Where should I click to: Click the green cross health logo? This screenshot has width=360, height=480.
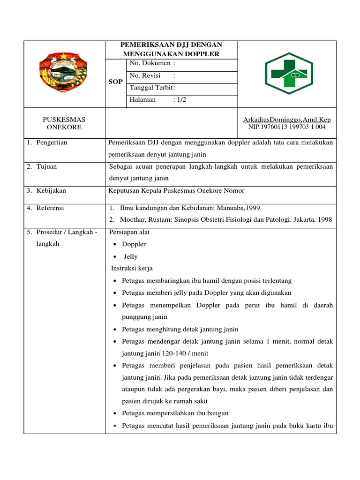(x=286, y=74)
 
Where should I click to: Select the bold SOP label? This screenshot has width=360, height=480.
(x=116, y=82)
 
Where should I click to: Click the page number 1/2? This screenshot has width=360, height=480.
(x=180, y=100)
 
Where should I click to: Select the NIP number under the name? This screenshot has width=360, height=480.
(x=287, y=127)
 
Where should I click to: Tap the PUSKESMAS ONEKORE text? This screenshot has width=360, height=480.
(x=64, y=123)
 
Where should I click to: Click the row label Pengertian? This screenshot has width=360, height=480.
(x=52, y=142)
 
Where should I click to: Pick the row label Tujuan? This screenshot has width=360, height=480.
(x=47, y=166)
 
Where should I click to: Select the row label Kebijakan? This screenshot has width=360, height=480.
(x=51, y=190)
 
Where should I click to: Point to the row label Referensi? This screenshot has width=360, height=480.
(x=50, y=208)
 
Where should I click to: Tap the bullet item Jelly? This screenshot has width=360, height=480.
(x=131, y=256)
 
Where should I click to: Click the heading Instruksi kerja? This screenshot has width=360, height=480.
(x=132, y=269)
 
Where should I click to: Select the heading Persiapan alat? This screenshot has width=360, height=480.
(x=129, y=232)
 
